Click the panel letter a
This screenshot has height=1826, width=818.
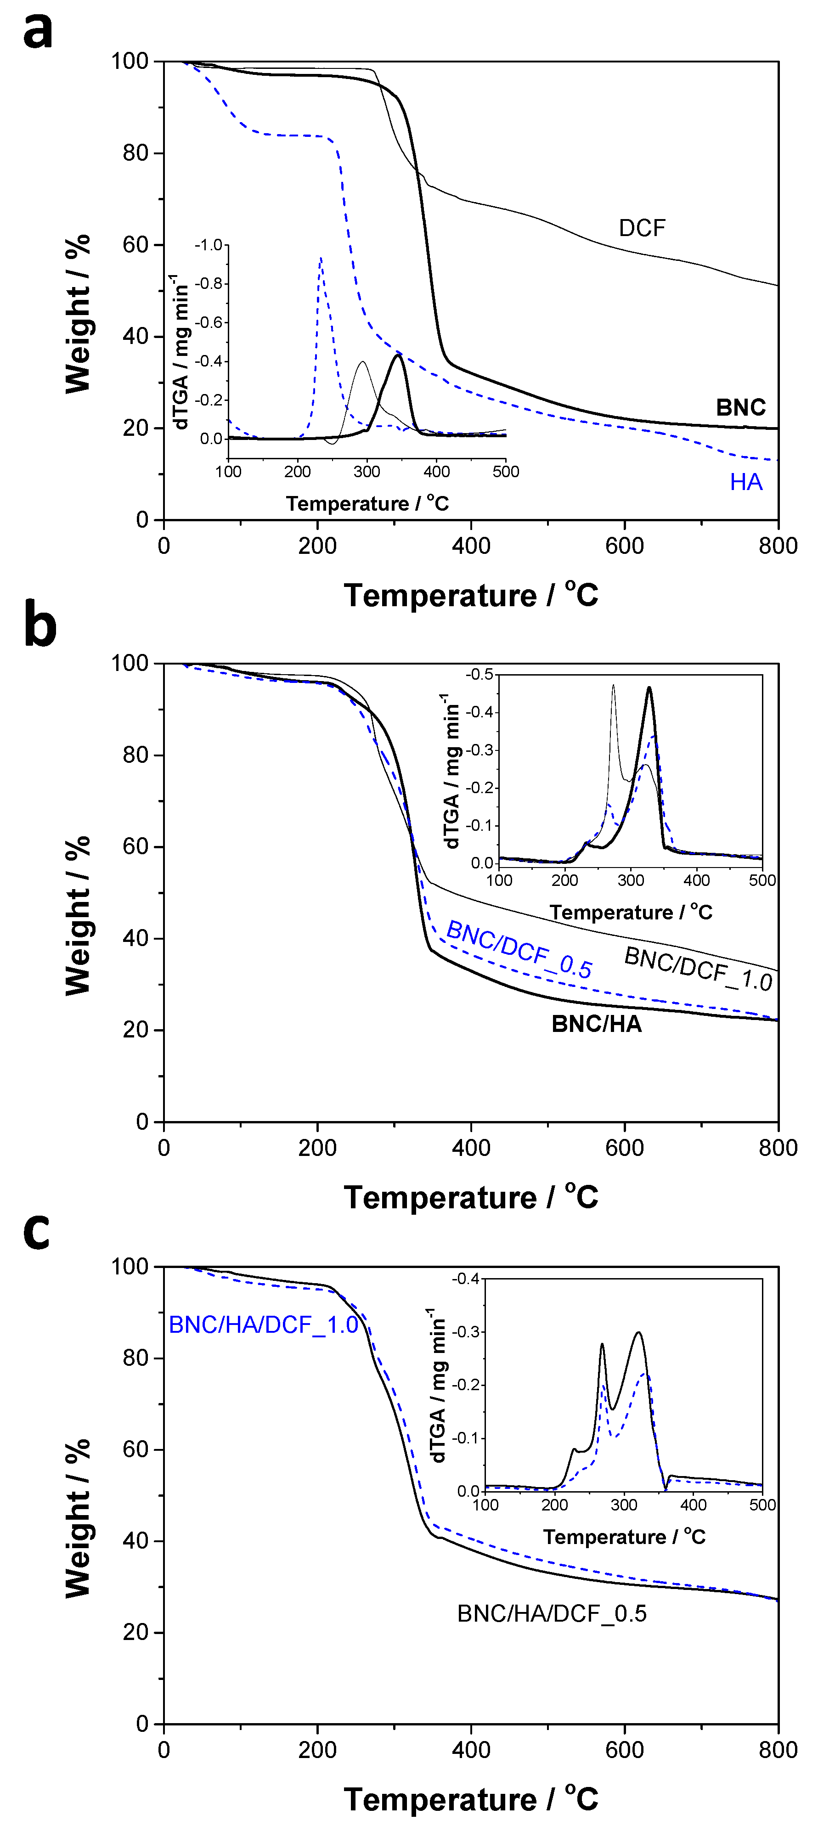pos(38,31)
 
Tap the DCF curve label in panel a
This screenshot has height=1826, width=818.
pos(642,228)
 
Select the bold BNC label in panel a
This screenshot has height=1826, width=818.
pos(741,408)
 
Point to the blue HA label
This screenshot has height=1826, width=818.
pos(746,483)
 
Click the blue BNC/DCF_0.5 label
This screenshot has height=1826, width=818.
pos(519,950)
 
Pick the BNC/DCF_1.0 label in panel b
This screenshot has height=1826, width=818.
pos(698,969)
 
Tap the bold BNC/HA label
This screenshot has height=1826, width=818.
pos(596,1024)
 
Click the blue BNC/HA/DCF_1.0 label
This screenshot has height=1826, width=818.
pos(264,1325)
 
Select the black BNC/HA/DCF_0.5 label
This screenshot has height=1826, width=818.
pos(552,1614)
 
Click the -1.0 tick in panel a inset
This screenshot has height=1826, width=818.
pos(209,245)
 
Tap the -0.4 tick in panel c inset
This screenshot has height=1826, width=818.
pos(466,1279)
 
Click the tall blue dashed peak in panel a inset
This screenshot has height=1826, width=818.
pos(321,259)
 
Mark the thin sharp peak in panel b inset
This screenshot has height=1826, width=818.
pos(613,686)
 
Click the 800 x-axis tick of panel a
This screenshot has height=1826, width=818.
pos(778,546)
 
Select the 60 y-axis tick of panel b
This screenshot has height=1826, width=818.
pos(135,846)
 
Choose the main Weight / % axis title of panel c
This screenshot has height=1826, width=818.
pos(78,1518)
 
